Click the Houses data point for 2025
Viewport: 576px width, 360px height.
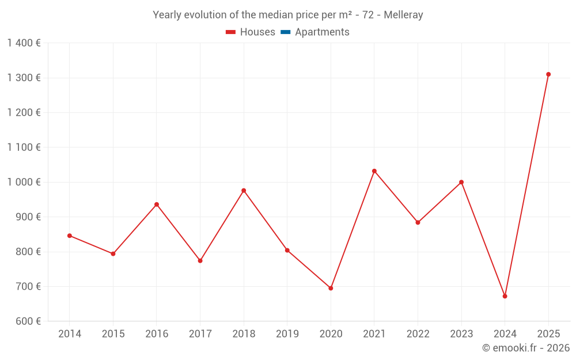[548, 74]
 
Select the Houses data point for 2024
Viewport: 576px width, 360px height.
[505, 296]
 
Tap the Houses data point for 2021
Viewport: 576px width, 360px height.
[374, 171]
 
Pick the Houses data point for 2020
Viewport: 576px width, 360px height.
[331, 288]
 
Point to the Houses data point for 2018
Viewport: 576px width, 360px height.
[244, 191]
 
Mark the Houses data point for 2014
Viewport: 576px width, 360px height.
[70, 236]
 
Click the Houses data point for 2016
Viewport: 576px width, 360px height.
[157, 204]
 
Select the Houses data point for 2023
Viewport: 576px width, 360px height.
[461, 182]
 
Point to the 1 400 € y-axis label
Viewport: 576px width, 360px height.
[24, 43]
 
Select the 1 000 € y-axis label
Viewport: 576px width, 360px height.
[24, 182]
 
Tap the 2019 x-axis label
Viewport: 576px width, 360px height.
[287, 334]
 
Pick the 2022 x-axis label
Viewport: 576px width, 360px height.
[418, 334]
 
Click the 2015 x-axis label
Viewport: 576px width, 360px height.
[113, 334]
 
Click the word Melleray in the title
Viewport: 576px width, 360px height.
[404, 15]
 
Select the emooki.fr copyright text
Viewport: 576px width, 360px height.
[526, 348]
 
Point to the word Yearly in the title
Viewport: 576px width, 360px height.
[166, 15]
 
